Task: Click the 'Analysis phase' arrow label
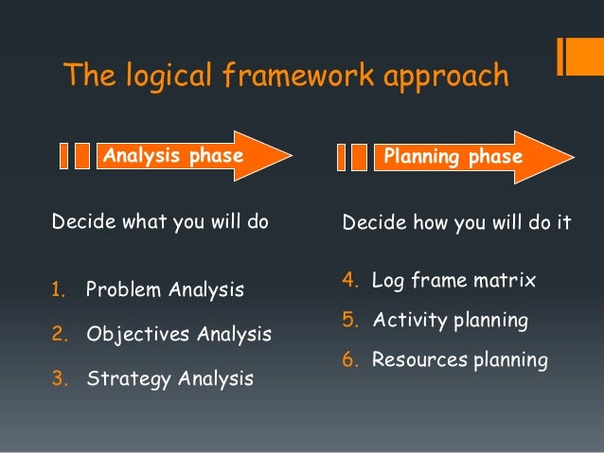172,155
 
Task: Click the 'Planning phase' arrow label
451,156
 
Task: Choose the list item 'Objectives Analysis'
179,335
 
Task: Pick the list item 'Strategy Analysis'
169,379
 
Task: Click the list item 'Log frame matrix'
453,281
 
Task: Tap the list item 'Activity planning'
450,321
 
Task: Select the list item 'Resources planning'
459,360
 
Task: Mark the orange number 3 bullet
58,379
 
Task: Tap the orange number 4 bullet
347,281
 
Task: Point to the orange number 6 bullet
347,360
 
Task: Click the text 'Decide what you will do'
160,223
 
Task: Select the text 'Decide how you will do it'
456,224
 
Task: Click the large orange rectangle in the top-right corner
579,56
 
